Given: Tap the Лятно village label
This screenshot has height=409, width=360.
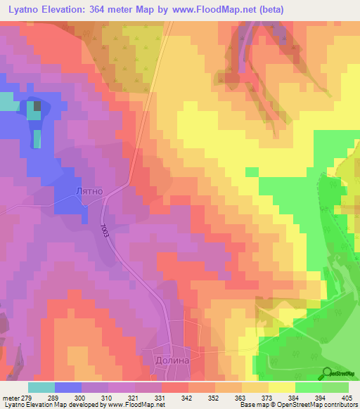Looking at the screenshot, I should pos(89,190).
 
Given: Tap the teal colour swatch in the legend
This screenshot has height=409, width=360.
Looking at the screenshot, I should pos(41,387).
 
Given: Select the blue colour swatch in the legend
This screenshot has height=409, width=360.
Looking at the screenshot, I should pos(68,387).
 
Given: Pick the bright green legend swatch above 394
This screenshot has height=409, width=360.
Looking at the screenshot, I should pos(308,387).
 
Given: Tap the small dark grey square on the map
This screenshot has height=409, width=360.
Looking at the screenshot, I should pos(37,107).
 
